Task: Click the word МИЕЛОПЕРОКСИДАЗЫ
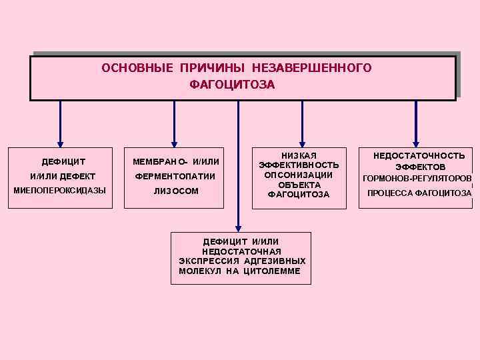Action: pos(60,191)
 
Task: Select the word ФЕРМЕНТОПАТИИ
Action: pos(175,177)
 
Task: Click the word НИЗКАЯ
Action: pos(299,155)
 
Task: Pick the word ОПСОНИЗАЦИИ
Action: pos(299,175)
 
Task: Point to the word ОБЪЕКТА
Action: pos(299,185)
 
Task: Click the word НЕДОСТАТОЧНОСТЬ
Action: pos(419,155)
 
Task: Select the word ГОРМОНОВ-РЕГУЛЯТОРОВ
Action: pos(417,179)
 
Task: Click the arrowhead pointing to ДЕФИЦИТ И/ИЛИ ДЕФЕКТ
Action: pos(61,142)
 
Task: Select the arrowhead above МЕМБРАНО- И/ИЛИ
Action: pos(175,142)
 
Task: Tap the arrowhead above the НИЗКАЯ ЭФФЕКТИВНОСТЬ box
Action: pos(302,142)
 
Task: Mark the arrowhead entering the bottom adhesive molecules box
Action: pos(238,229)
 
